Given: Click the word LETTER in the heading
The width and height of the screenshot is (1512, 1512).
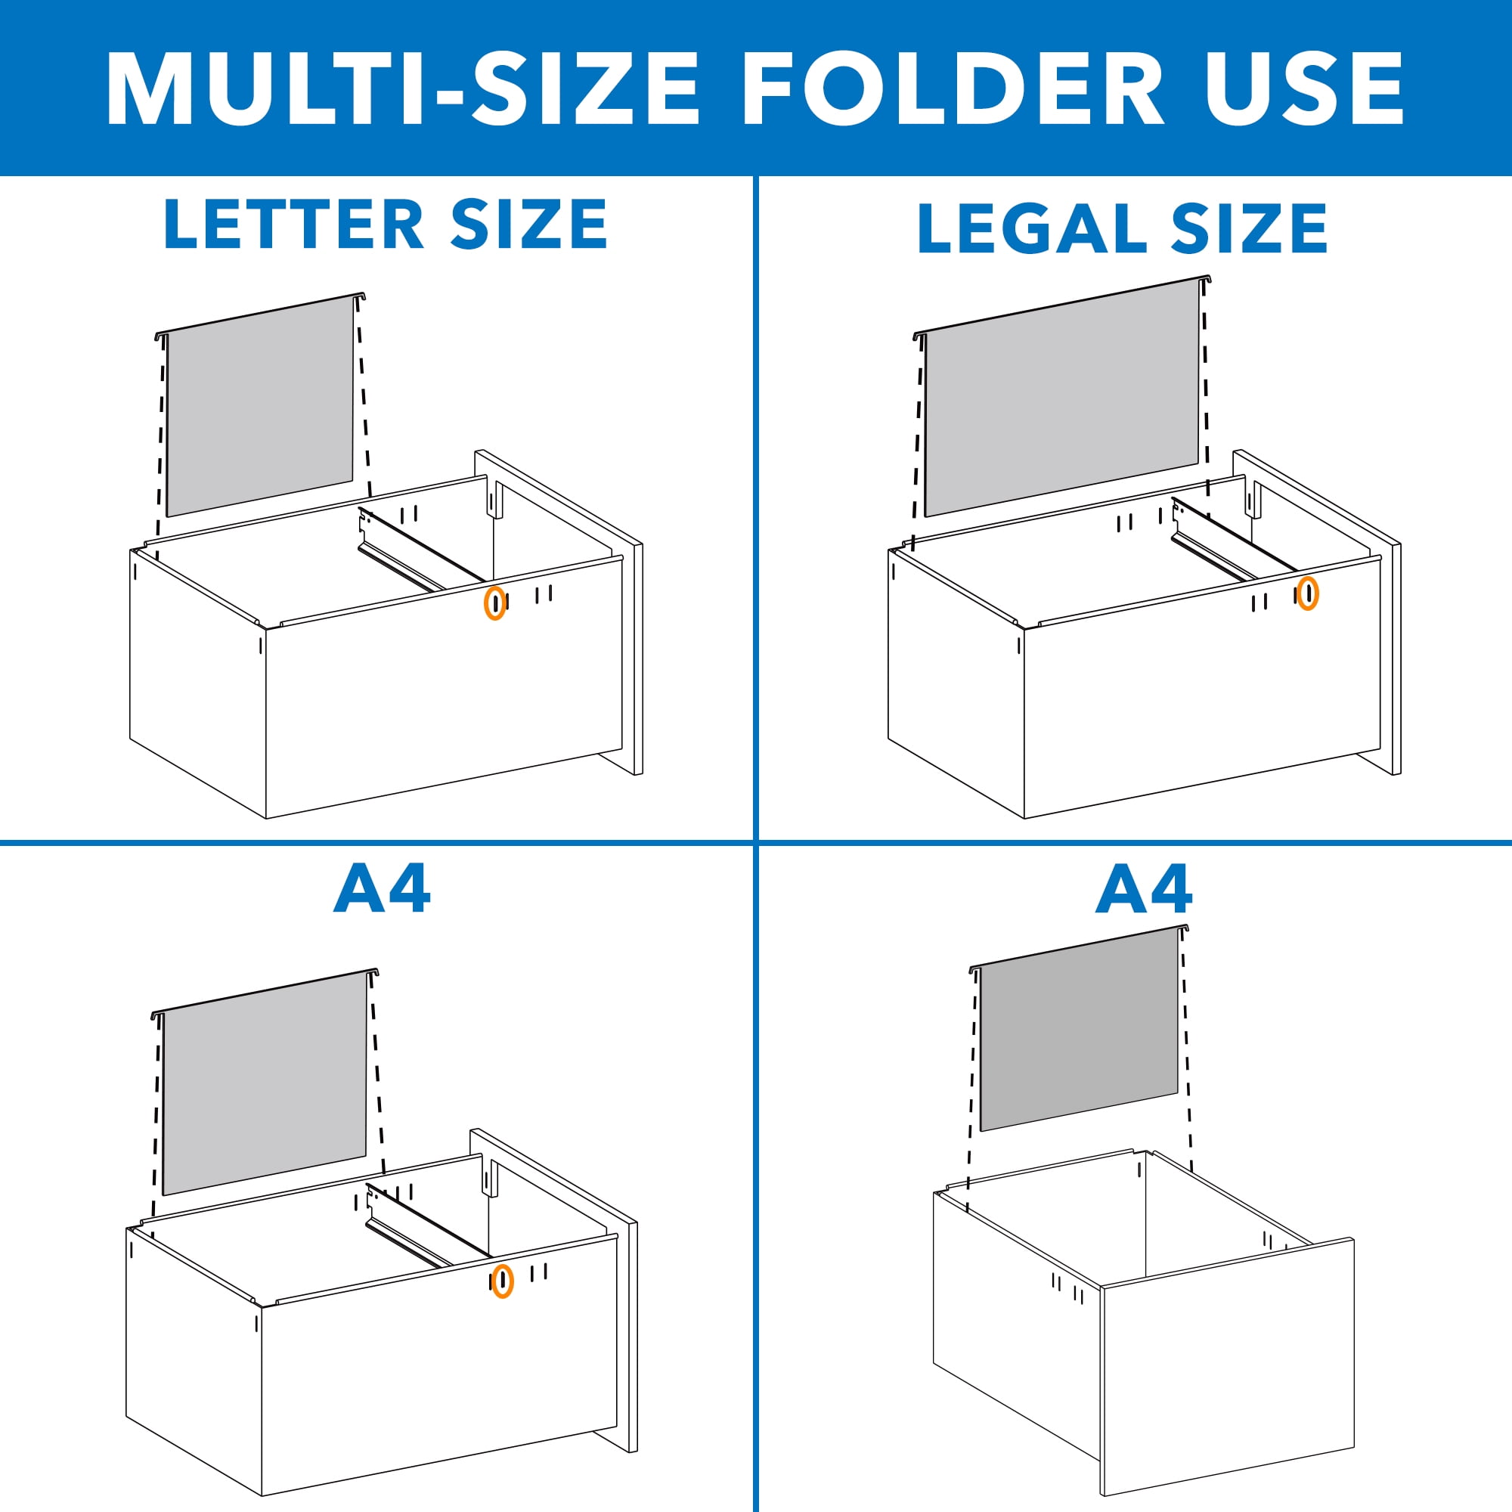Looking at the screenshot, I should [293, 225].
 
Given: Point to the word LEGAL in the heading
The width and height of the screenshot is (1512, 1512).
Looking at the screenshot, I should [1033, 228].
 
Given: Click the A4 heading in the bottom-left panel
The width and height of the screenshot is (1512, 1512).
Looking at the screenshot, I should [381, 889].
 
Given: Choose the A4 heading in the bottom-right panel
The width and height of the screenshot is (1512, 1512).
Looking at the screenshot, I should [1143, 889].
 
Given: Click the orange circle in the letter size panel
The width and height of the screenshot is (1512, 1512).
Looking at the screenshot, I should [494, 602].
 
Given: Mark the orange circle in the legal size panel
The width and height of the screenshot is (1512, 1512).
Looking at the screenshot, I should [1308, 593].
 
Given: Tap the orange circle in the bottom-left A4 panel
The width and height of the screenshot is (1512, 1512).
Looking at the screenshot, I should [503, 1281].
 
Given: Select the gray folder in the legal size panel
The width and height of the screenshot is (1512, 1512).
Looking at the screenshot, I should [1061, 399].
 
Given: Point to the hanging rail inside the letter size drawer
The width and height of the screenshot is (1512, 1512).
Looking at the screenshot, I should [419, 548].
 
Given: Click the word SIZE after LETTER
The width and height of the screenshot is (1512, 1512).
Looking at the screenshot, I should [529, 225].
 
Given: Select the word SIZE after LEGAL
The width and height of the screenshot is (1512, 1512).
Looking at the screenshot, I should [1250, 228].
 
